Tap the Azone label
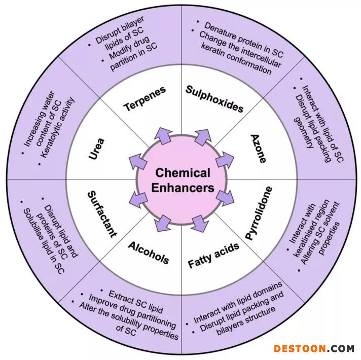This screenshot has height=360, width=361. [x=259, y=149]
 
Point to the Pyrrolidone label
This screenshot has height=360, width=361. [x=259, y=213]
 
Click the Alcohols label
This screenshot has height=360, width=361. [x=148, y=252]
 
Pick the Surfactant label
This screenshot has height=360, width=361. [x=102, y=213]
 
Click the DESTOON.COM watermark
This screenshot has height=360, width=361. [x=314, y=348]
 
